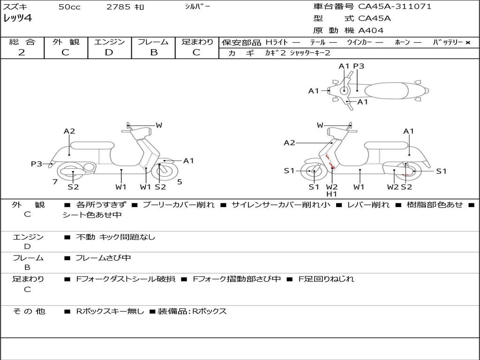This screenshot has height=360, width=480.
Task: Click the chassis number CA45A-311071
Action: point(395,7)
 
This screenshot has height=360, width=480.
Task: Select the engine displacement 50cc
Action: point(69,7)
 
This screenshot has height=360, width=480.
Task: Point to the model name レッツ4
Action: point(17,19)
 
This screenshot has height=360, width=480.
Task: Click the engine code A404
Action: point(371,30)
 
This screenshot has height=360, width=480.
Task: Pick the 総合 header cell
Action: point(22,42)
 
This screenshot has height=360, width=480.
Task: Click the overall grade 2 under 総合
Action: point(22,52)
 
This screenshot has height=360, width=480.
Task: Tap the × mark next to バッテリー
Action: point(467,42)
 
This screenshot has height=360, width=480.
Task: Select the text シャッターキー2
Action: point(310,53)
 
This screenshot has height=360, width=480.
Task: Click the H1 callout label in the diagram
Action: point(332,194)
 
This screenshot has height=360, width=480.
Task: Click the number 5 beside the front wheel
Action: point(180,182)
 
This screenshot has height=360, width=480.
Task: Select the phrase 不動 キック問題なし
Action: point(115,237)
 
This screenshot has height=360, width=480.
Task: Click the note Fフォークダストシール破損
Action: point(126,279)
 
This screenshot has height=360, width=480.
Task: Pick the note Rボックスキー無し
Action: point(110,311)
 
